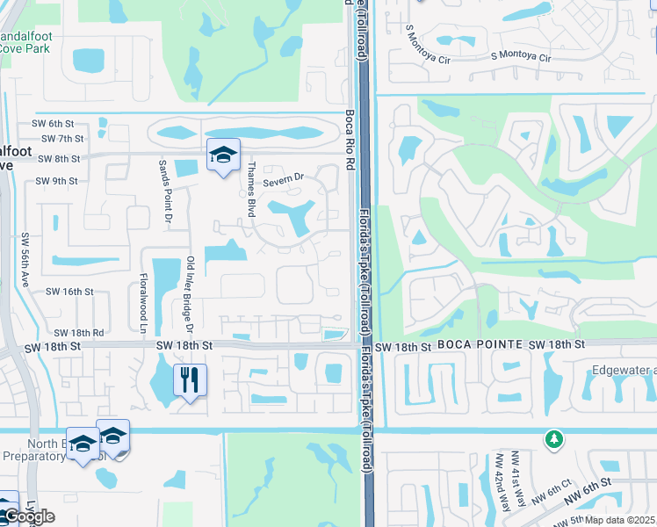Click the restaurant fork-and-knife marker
(190, 380)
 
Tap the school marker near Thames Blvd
(223, 155)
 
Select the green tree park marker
(553, 437)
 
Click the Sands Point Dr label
(162, 191)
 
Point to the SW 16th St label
(69, 291)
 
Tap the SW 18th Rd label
(78, 333)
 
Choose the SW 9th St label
(57, 181)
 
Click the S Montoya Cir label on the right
(521, 57)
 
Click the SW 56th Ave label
(25, 259)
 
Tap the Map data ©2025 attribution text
(618, 520)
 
